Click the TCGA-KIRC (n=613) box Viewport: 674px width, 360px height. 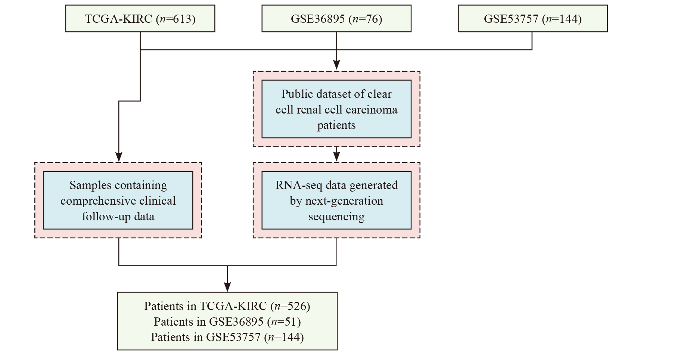click(140, 18)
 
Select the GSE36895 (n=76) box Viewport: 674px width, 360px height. click(336, 18)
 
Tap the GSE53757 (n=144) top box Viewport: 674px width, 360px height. click(533, 18)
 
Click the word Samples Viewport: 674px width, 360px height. click(90, 186)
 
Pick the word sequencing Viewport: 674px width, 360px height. click(336, 217)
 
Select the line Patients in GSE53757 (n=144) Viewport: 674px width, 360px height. click(227, 337)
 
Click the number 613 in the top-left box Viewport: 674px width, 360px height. click(183, 19)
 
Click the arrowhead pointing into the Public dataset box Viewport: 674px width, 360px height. click(336, 65)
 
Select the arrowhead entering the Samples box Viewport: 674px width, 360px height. click(119, 157)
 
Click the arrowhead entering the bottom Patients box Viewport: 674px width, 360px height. click(227, 287)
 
